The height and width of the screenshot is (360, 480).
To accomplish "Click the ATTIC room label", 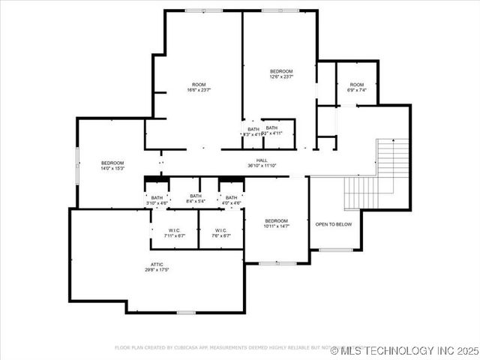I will point(157,264).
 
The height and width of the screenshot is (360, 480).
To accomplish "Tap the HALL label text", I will point(262,160).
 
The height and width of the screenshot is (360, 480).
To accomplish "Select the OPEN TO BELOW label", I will point(334,224).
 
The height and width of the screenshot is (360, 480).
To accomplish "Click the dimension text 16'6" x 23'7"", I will point(199,90).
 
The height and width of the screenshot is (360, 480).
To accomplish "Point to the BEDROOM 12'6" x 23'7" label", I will point(281,73).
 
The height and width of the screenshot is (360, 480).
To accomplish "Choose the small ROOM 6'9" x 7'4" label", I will point(356,87).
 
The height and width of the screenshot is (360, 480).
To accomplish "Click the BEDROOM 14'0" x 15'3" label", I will point(112,166).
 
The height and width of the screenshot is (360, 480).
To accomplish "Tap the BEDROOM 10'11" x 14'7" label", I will point(276,223).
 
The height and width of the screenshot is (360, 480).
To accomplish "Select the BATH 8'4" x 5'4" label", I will point(195,199).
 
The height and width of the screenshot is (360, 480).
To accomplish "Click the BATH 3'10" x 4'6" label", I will point(157,200).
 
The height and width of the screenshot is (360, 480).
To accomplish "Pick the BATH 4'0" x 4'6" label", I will point(231,200).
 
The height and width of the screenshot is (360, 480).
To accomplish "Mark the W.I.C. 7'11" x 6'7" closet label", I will point(174,233).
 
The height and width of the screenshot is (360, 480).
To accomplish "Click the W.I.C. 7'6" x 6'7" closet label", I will point(221,233).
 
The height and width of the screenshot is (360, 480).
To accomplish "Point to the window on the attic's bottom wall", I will point(186,312).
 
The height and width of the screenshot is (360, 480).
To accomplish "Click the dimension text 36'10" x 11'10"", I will point(262,166).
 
